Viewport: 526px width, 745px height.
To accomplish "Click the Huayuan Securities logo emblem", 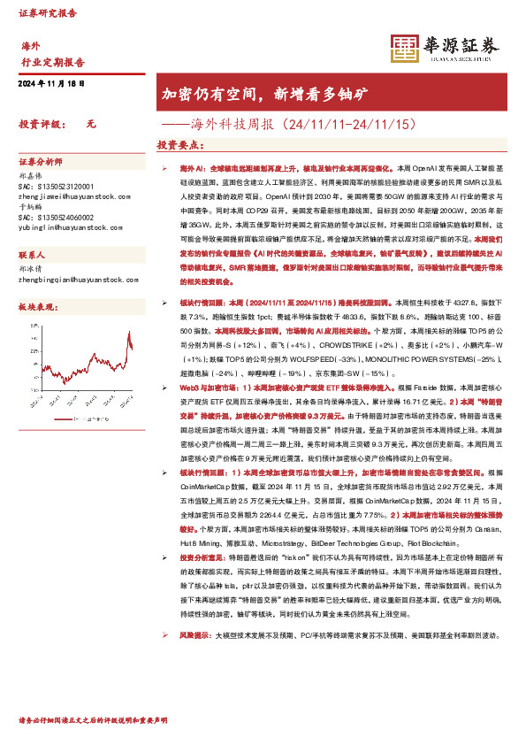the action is coord(405,50).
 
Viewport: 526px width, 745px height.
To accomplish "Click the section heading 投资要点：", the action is coord(180,144).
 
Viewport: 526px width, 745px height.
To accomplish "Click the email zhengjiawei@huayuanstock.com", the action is coord(70,198).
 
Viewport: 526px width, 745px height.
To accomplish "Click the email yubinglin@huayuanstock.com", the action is coord(67,227).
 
